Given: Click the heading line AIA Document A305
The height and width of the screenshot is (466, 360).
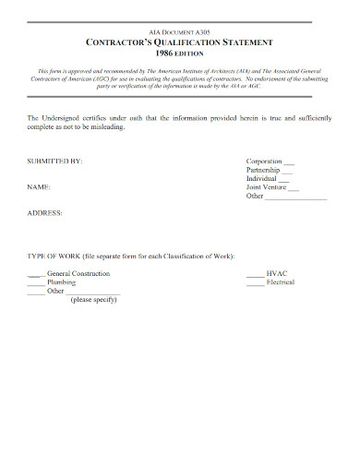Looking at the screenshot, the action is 180,31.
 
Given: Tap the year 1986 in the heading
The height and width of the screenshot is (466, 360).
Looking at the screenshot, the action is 163,54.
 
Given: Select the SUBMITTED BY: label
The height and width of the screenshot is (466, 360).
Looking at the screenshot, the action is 55,161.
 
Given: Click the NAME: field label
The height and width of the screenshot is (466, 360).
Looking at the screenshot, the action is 39,185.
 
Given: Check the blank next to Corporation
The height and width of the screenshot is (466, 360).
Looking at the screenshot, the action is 290,161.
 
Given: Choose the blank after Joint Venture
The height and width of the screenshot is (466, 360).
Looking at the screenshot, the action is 294,187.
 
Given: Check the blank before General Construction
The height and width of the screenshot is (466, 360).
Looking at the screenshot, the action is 35,274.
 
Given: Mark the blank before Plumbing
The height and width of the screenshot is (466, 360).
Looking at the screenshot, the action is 35,282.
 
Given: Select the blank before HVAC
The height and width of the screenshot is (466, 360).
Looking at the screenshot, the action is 255,274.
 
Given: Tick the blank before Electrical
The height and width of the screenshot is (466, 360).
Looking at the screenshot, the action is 255,282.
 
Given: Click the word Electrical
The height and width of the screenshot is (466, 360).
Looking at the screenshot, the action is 281,282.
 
